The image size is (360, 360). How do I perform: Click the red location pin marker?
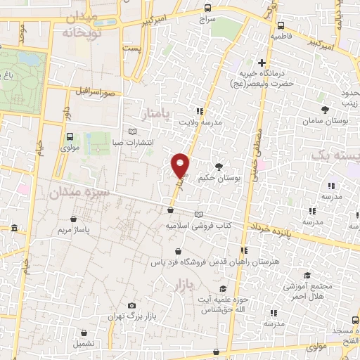(x=181, y=165)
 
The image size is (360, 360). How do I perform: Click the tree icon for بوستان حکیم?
(x=219, y=167)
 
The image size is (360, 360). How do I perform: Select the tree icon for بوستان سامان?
(x=325, y=110)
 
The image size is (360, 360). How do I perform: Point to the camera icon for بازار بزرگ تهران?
(x=131, y=306)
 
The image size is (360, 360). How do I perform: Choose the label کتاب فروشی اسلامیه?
(x=198, y=226)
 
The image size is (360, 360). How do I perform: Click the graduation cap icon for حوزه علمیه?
(x=223, y=289)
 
